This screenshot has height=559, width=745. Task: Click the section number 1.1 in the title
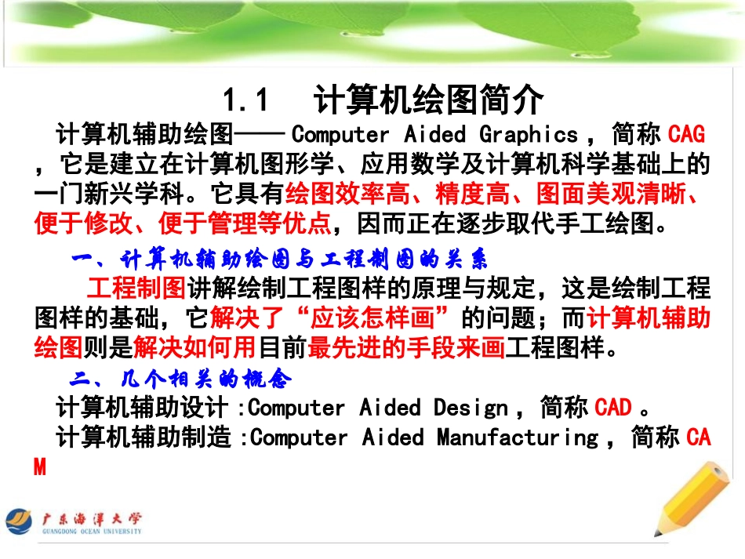(x=245, y=101)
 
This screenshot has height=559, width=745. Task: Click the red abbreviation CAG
(x=686, y=134)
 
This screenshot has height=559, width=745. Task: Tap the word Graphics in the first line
(x=529, y=134)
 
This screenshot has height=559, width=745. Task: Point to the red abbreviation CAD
(x=613, y=408)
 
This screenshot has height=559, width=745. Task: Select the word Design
(x=471, y=408)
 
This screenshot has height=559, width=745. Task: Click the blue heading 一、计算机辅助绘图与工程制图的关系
(x=280, y=258)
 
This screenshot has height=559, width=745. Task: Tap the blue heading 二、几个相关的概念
(x=181, y=380)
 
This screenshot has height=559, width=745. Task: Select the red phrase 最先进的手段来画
(x=406, y=347)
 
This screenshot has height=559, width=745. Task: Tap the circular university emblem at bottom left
(x=20, y=522)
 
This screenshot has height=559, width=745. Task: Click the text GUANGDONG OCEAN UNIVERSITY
(x=92, y=532)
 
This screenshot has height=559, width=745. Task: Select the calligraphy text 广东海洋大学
(x=92, y=517)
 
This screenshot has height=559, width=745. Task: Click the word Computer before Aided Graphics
(x=340, y=134)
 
